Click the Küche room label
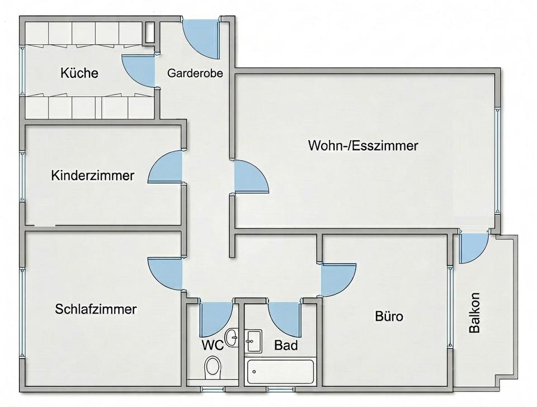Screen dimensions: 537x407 click(79, 73)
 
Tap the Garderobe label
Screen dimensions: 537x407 click(195, 73)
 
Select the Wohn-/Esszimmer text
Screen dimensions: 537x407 click(363, 146)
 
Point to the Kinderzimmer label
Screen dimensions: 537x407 click(92, 175)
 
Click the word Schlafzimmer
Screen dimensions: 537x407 click(96, 309)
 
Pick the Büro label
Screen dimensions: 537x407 click(389, 316)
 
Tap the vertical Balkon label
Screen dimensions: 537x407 click(474, 312)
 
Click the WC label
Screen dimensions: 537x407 click(213, 345)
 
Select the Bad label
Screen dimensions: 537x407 click(286, 345)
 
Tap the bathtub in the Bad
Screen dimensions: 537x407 click(280, 371)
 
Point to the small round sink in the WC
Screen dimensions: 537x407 click(232, 338)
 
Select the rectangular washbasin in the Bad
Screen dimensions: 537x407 click(254, 341)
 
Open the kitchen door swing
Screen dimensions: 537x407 click(138, 71)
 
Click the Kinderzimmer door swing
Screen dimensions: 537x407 click(165, 167)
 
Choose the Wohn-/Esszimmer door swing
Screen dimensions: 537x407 click(251, 177)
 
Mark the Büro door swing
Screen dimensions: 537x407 click(338, 279)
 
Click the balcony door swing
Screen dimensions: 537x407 click(473, 247)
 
